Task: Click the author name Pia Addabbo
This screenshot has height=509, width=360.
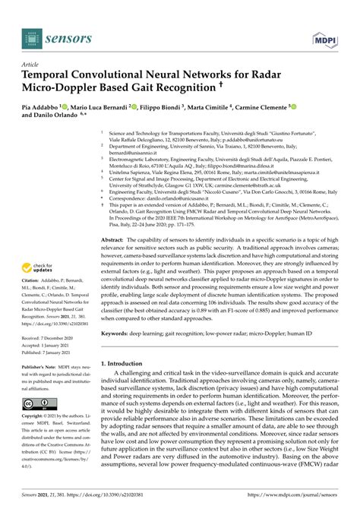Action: pyautogui.click(x=40, y=109)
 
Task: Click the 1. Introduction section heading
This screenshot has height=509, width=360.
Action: pyautogui.click(x=128, y=363)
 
